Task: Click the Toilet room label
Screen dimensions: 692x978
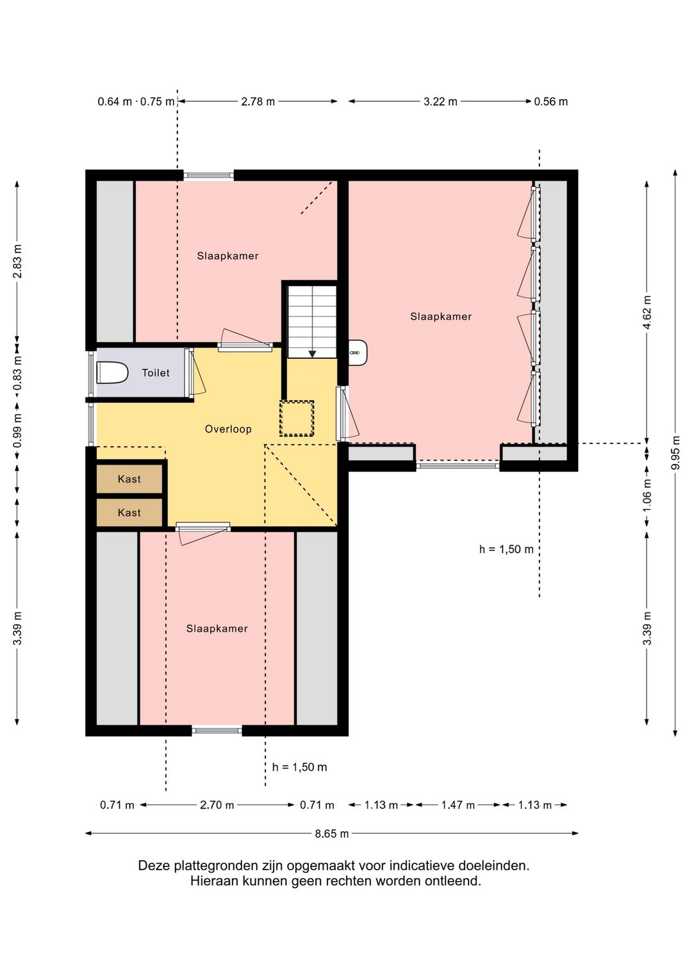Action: click(156, 373)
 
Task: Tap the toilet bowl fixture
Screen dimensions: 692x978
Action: click(111, 373)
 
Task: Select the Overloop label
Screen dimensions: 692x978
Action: click(228, 429)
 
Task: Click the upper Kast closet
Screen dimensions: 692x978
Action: click(129, 479)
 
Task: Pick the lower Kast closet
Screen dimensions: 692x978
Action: click(129, 512)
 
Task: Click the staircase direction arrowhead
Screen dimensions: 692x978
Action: click(312, 354)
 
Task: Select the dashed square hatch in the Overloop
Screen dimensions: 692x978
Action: click(297, 419)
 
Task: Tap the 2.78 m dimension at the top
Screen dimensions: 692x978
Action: click(258, 101)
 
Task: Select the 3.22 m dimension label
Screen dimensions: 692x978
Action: click(441, 101)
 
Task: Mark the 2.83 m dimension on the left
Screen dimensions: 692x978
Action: click(17, 261)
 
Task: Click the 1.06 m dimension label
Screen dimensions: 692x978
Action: click(647, 495)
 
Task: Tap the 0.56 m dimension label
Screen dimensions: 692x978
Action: click(551, 102)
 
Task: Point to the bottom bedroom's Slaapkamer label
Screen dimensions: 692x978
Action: click(217, 629)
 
